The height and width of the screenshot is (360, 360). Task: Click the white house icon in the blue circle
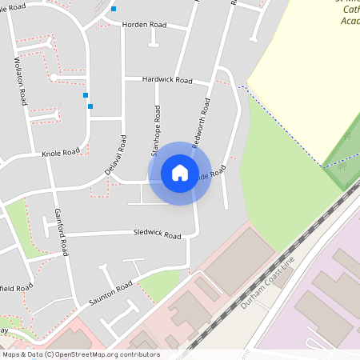click(180, 173)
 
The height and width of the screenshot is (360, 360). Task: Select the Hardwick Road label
click(167, 80)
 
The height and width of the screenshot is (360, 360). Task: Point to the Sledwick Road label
click(157, 235)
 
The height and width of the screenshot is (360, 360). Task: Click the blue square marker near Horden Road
click(114, 9)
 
